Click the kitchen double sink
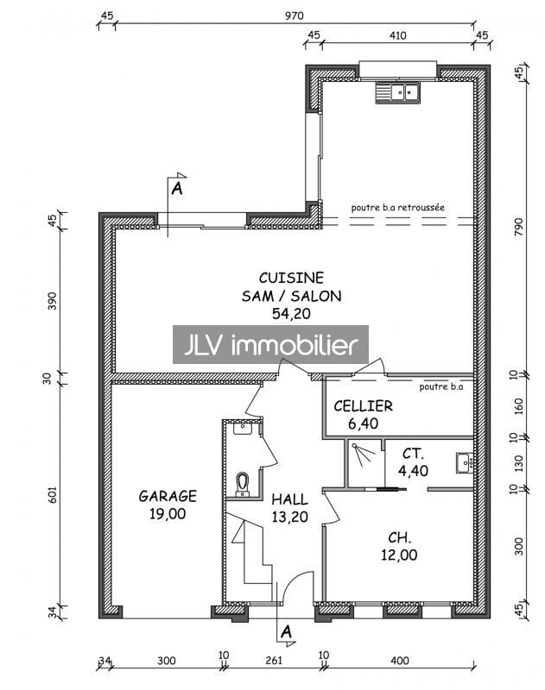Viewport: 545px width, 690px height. pos(398,93)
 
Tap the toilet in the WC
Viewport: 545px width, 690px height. pos(243,484)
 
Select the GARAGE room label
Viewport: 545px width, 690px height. pos(168,496)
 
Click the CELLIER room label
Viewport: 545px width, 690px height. pos(363,405)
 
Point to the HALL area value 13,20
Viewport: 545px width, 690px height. pos(289,517)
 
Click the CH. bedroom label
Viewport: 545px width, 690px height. pos(399,537)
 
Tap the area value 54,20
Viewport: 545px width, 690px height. pos(291,313)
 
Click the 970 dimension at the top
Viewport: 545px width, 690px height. pos(294,16)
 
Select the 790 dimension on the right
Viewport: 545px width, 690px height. pos(519,227)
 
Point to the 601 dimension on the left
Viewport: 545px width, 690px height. pos(53,494)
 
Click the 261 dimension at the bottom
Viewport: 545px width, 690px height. pos(274,660)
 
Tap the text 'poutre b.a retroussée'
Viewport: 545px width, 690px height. pos(398,207)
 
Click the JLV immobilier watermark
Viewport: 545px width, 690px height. pos(270,344)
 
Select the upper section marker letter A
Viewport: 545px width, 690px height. pos(177,189)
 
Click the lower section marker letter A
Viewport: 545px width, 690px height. pos(286,632)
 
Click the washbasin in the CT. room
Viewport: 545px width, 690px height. pos(465,463)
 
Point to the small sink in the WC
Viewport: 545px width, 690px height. pos(243,428)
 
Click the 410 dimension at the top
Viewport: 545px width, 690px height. pos(397,35)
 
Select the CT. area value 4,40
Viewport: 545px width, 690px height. pos(413,471)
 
